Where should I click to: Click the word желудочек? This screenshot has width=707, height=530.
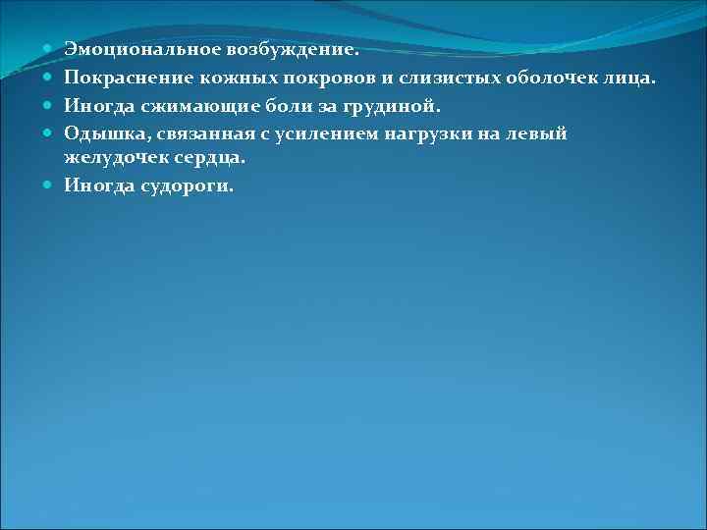[x=112, y=157]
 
